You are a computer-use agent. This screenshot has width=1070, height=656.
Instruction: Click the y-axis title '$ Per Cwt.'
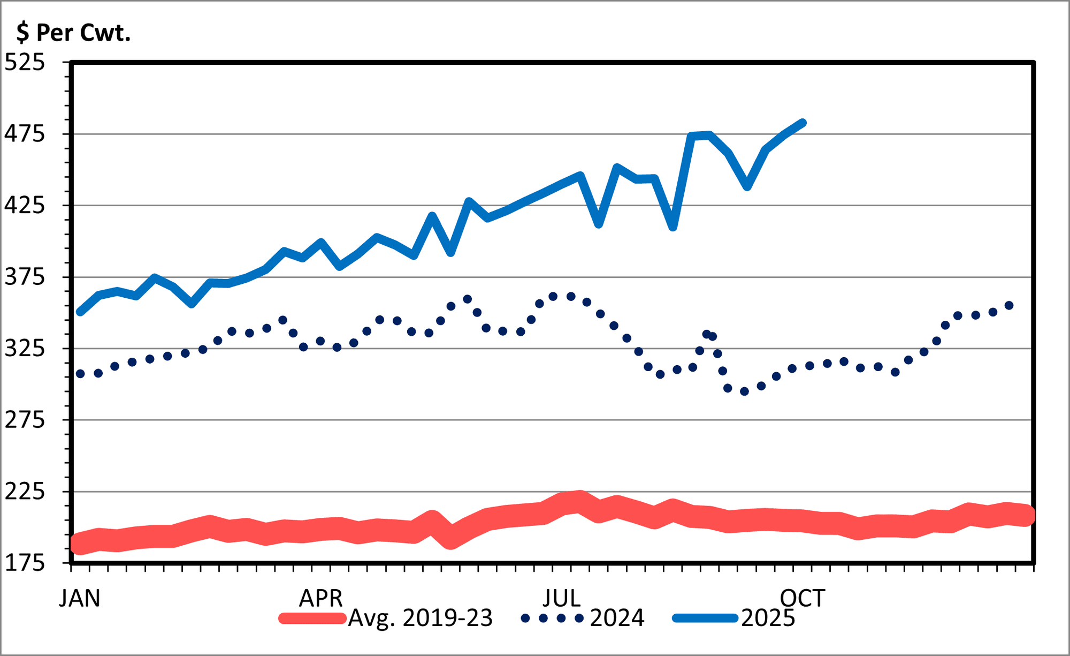point(73,33)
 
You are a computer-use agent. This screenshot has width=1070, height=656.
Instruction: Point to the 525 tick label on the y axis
point(25,63)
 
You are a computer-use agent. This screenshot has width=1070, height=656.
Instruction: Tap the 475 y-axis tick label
point(25,134)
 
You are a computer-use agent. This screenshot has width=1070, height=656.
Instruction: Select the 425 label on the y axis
point(25,205)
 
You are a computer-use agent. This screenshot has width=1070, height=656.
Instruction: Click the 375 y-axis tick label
point(25,277)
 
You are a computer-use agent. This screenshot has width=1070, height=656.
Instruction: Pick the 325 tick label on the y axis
point(25,349)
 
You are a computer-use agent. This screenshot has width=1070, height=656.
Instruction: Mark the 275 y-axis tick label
point(25,420)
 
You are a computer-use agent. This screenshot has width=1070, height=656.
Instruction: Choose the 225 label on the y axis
point(25,491)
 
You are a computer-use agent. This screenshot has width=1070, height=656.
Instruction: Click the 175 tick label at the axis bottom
point(25,563)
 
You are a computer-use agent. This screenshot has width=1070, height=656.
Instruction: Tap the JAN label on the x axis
point(80,598)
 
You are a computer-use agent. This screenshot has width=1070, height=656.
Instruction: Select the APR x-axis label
point(320,598)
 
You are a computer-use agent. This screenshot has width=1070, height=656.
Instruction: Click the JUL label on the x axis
point(562,598)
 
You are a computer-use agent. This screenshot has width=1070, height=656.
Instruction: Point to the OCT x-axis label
point(802,598)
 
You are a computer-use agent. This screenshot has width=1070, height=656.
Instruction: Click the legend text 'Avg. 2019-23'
point(421,619)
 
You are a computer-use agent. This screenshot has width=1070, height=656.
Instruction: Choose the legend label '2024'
point(617,619)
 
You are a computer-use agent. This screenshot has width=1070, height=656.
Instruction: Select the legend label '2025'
point(768,619)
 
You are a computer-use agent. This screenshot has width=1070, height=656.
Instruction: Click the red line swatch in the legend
point(312,619)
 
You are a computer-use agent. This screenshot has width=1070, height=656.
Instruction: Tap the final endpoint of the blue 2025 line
point(803,123)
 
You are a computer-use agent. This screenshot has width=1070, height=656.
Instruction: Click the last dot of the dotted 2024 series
point(1009,305)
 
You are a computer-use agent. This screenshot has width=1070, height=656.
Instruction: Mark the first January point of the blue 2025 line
point(80,312)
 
